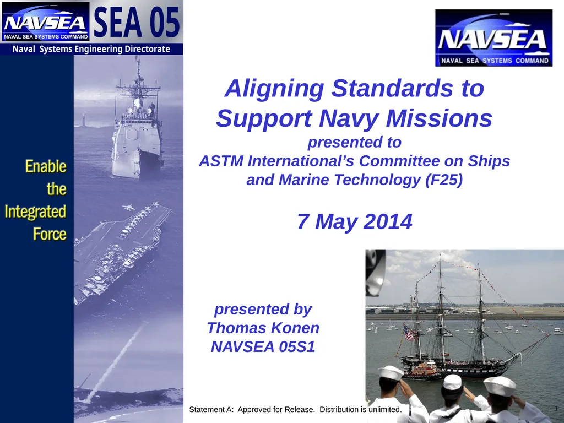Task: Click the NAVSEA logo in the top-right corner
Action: coord(493,38)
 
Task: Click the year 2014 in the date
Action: coord(386,222)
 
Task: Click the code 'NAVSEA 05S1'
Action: coord(263,347)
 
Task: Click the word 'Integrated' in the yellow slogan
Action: coord(35,211)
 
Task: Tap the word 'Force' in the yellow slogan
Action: coord(50,234)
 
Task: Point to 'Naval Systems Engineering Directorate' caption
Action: coord(91,49)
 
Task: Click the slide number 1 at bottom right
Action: coord(557,408)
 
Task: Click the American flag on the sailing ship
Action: coord(409,332)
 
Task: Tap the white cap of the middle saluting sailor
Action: coord(452,382)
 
